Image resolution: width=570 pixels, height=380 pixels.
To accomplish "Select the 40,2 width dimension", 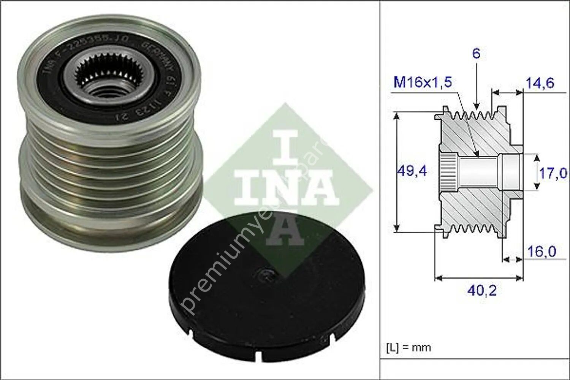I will (x=482, y=291).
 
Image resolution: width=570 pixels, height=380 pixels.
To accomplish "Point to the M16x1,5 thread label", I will (x=423, y=82).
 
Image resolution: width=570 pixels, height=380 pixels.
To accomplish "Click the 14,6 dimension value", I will (x=540, y=83).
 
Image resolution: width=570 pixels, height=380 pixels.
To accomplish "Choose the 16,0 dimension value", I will (x=541, y=252).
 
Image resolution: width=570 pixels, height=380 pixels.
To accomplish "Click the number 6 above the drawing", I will (x=476, y=54).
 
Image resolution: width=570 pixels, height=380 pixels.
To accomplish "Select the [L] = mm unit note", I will (x=408, y=347).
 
